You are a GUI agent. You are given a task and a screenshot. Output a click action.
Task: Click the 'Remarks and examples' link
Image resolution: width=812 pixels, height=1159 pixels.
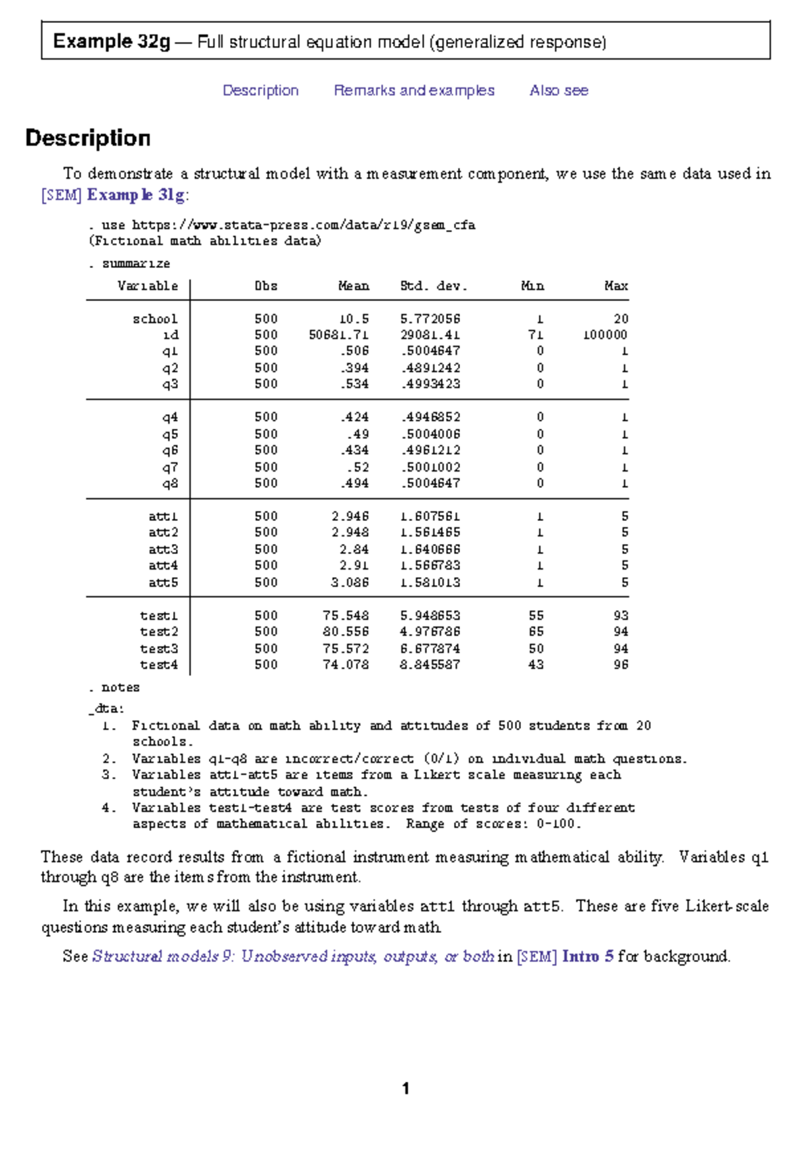(x=413, y=91)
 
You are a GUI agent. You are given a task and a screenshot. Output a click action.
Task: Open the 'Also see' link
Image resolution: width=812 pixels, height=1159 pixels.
(x=558, y=91)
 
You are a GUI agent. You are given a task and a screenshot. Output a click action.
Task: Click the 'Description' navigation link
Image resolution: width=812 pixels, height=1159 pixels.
(x=261, y=91)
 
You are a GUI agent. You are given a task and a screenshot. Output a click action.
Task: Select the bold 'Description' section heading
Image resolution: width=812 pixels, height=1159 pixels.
(x=88, y=138)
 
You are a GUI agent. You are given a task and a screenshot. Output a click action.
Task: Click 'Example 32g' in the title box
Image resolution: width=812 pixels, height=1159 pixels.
(x=112, y=41)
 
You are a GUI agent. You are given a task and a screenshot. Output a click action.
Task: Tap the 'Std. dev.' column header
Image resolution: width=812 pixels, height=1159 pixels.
(x=433, y=286)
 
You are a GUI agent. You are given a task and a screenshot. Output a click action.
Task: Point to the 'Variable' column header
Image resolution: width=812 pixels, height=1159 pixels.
(x=148, y=286)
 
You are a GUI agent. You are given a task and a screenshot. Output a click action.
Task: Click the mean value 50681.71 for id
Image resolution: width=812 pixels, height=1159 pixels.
(x=339, y=335)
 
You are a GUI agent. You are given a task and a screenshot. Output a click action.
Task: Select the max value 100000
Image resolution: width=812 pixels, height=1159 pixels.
(x=605, y=335)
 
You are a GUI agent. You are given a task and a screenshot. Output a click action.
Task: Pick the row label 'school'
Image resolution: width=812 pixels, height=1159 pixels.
(x=155, y=319)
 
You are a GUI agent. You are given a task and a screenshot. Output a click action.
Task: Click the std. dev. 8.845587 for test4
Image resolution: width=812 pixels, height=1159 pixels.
(x=430, y=665)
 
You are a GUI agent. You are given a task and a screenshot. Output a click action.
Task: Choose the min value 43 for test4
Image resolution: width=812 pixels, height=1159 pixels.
(x=536, y=665)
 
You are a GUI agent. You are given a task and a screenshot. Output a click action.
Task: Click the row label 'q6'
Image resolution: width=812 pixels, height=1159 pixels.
(x=170, y=451)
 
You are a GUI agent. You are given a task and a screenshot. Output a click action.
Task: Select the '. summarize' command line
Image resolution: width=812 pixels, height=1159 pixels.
(x=130, y=264)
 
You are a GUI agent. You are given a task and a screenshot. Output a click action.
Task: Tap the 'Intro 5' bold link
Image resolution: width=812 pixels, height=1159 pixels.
(x=588, y=956)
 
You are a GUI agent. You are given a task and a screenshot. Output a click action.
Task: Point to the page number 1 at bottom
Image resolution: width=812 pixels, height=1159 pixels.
(x=405, y=1089)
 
